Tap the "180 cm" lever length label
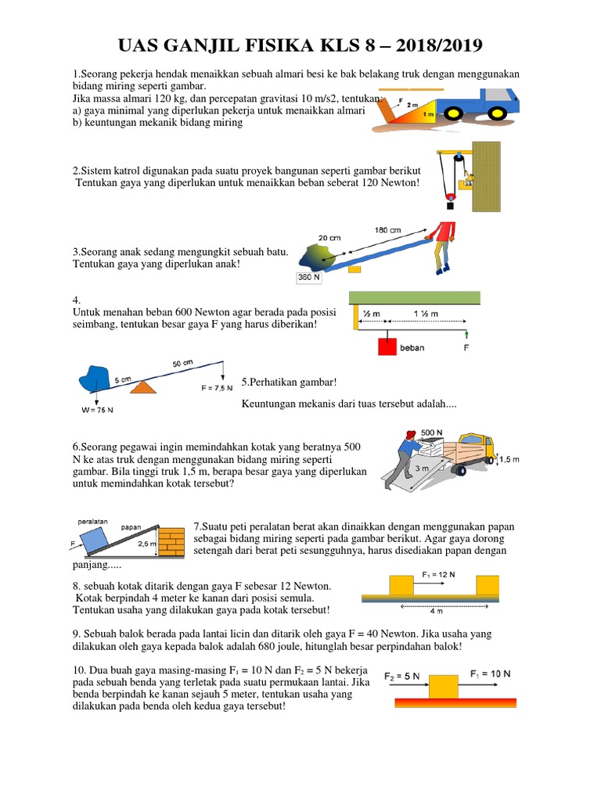[388, 230]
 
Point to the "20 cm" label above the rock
[330, 238]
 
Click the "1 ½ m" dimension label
[426, 314]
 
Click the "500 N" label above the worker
[433, 432]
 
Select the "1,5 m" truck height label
[510, 460]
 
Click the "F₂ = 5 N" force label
[402, 674]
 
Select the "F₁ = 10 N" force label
[491, 673]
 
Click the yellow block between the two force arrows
[444, 685]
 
